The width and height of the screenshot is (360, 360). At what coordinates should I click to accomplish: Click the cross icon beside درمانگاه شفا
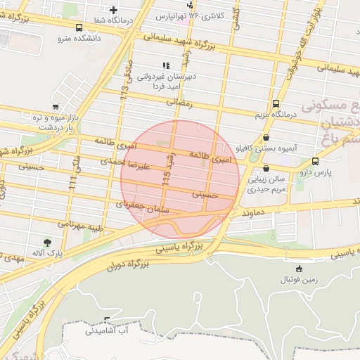(x=112, y=10)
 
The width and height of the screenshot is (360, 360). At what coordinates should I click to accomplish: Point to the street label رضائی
(x=179, y=102)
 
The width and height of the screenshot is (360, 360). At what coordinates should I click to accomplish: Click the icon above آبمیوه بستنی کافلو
(x=266, y=138)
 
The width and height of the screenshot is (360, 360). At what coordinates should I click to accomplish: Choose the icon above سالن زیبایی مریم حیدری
(x=266, y=169)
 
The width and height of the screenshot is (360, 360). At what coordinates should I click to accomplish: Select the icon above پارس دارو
(x=314, y=161)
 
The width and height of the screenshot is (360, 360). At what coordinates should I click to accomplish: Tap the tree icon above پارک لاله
(x=47, y=243)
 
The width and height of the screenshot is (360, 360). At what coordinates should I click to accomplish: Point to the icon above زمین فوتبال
(x=300, y=268)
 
